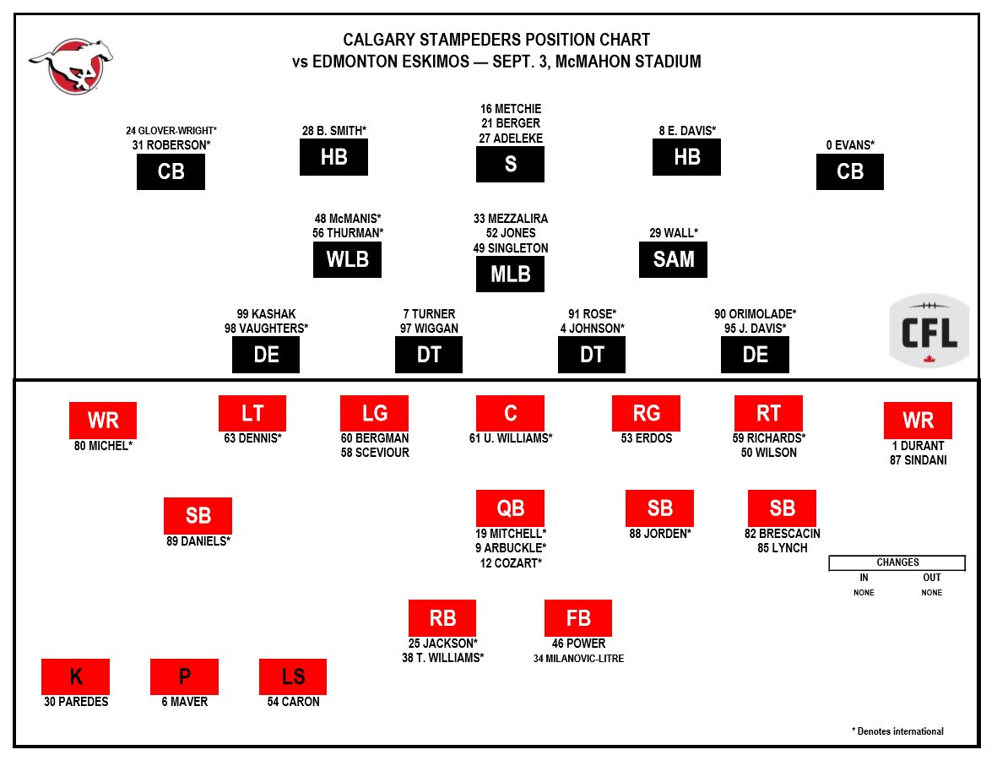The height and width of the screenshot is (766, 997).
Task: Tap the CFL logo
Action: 929,331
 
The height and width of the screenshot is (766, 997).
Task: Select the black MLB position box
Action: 510,274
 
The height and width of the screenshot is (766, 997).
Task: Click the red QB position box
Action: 510,508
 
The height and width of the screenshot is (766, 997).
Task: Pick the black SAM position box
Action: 673,259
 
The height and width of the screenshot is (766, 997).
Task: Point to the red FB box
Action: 578,617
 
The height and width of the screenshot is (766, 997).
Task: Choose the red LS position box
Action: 293,676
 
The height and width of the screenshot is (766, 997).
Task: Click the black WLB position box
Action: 347,259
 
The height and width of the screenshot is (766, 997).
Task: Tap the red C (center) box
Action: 510,413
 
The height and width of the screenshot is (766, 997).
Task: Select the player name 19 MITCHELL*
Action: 510,534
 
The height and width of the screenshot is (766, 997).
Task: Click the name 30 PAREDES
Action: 76,702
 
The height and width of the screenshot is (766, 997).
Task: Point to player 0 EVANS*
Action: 850,145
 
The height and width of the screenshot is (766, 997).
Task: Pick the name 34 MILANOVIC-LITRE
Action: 578,658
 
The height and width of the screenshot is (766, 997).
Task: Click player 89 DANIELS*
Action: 198,541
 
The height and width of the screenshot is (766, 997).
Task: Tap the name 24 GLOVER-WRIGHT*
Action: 171,131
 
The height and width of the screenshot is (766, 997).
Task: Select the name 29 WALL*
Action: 674,232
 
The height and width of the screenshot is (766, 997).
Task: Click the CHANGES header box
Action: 897,562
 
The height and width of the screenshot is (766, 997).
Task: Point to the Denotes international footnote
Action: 897,731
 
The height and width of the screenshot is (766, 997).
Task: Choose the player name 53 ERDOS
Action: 646,438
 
